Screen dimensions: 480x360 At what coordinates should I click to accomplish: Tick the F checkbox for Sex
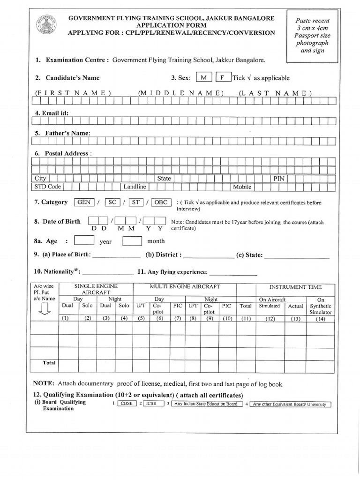click(x=223, y=77)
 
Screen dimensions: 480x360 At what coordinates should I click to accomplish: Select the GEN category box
click(x=84, y=202)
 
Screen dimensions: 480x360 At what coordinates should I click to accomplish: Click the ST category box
click(x=136, y=202)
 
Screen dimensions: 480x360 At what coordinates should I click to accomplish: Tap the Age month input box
click(x=132, y=240)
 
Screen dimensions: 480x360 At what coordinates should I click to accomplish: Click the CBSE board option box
click(x=127, y=404)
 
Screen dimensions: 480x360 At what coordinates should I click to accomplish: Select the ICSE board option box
click(x=151, y=404)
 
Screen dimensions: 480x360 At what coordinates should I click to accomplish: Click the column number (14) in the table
click(x=321, y=319)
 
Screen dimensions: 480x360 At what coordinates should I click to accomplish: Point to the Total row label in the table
click(x=49, y=363)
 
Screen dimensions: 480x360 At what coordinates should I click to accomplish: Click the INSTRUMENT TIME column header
click(x=295, y=286)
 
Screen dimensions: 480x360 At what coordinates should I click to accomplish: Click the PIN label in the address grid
click(x=279, y=179)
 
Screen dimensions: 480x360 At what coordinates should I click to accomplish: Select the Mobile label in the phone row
click(x=242, y=187)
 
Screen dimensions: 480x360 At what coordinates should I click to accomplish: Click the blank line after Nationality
click(x=108, y=273)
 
